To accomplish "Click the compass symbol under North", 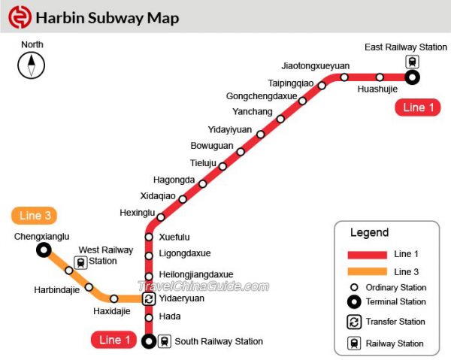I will click(32, 66).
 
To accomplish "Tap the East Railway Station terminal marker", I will click(412, 77).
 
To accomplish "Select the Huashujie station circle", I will click(380, 77).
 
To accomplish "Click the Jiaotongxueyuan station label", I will click(316, 65).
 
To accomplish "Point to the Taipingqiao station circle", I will click(322, 85).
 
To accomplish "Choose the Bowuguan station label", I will click(212, 145).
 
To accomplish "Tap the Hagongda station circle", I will click(201, 181).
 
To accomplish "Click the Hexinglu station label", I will click(137, 213).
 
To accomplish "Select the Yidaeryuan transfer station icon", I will click(149, 298).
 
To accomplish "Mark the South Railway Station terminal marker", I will click(149, 341).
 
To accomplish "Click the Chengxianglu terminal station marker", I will click(44, 250).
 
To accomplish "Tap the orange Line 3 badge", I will click(35, 216).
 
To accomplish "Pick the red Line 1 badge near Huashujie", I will click(418, 107).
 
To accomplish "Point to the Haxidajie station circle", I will click(114, 298).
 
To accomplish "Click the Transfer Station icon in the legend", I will click(354, 322).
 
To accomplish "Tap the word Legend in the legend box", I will click(369, 232).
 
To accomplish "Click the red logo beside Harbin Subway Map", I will click(19, 17).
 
